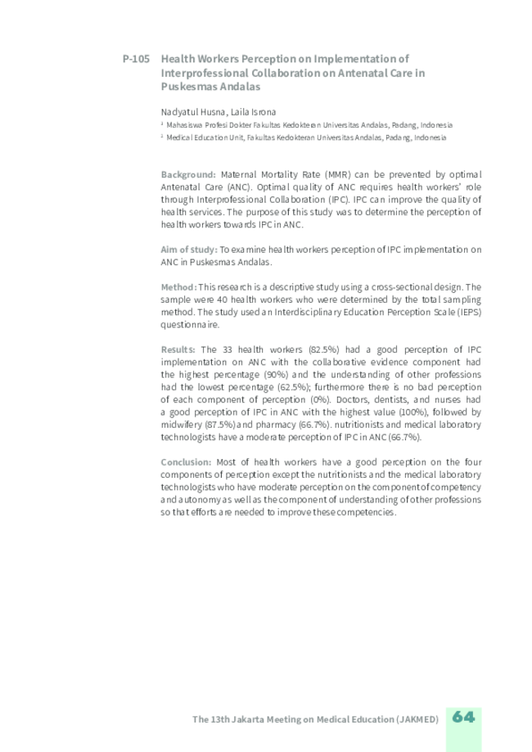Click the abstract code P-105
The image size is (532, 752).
(x=135, y=59)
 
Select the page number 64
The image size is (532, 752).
(x=463, y=717)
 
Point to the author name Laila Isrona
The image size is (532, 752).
(x=254, y=111)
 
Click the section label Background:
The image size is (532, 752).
(x=188, y=174)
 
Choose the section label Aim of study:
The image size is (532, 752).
(x=189, y=249)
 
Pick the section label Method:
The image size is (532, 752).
(x=178, y=286)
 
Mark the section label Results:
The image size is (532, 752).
(x=178, y=349)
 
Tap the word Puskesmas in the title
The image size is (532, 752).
(x=191, y=86)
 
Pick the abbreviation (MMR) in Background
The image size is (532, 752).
(x=336, y=174)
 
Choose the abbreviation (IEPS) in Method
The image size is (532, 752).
(x=467, y=311)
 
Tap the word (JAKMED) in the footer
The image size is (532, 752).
(x=417, y=718)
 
